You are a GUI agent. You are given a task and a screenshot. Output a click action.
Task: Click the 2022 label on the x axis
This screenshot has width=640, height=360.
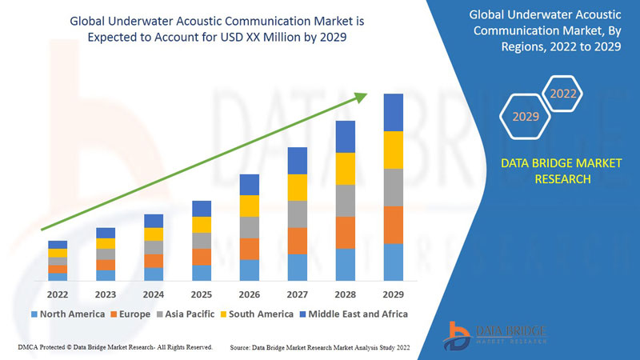[x=57, y=294]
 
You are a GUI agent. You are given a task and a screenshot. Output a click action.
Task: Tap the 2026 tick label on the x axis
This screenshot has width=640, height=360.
[x=249, y=294]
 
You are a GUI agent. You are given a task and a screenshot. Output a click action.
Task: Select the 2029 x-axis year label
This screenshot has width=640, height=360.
[x=393, y=294]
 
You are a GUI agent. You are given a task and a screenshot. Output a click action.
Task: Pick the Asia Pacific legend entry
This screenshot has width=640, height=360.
[x=185, y=314]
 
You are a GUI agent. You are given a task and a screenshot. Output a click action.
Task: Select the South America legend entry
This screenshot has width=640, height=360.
[x=259, y=314]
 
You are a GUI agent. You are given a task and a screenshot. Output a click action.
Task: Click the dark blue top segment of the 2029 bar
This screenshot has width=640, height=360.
[x=393, y=112]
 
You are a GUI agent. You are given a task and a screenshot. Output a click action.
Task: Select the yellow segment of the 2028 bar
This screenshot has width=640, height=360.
[x=345, y=168]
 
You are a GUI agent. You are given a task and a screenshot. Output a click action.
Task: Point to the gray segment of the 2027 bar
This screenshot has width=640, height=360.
[x=297, y=214]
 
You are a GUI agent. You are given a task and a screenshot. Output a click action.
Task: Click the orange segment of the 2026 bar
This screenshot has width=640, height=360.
[x=249, y=249]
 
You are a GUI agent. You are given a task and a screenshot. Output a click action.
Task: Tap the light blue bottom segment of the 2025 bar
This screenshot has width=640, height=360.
[x=201, y=273]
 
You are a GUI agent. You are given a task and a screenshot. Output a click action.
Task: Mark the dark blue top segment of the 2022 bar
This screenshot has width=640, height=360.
[x=57, y=244]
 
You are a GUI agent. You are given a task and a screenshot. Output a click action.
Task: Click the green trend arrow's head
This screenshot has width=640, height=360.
[x=361, y=96]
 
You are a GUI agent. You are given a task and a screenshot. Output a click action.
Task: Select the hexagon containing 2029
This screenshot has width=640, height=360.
[x=526, y=117]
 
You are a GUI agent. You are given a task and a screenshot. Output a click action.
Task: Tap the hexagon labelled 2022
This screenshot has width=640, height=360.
[x=563, y=94]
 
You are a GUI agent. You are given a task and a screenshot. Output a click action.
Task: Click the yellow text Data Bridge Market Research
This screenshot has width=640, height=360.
[x=560, y=171]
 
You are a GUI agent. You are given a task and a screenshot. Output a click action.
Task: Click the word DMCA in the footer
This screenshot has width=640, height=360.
[x=30, y=347]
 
